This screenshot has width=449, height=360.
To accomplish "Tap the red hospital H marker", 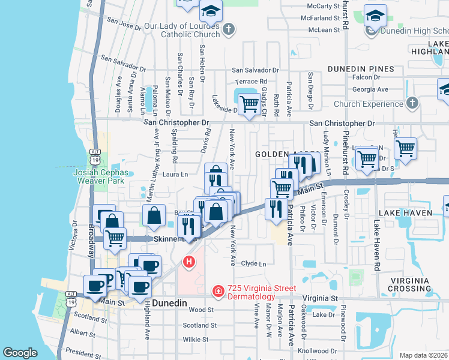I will (189, 262).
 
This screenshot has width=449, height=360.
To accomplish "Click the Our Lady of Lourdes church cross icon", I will (228, 29).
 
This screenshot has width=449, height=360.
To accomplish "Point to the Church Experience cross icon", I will (412, 104).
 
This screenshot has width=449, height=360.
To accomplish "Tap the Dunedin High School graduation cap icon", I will (375, 16).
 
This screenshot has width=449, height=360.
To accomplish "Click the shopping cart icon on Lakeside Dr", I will (249, 104).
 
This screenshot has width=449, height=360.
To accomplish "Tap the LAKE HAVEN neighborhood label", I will (405, 213).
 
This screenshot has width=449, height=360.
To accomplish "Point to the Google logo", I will (20, 352).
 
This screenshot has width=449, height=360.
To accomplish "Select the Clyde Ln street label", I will (253, 263).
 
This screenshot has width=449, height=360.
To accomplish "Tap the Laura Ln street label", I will (176, 175).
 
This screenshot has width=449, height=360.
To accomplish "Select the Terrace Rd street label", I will (250, 82).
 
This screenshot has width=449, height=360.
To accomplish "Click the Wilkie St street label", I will (195, 340).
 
